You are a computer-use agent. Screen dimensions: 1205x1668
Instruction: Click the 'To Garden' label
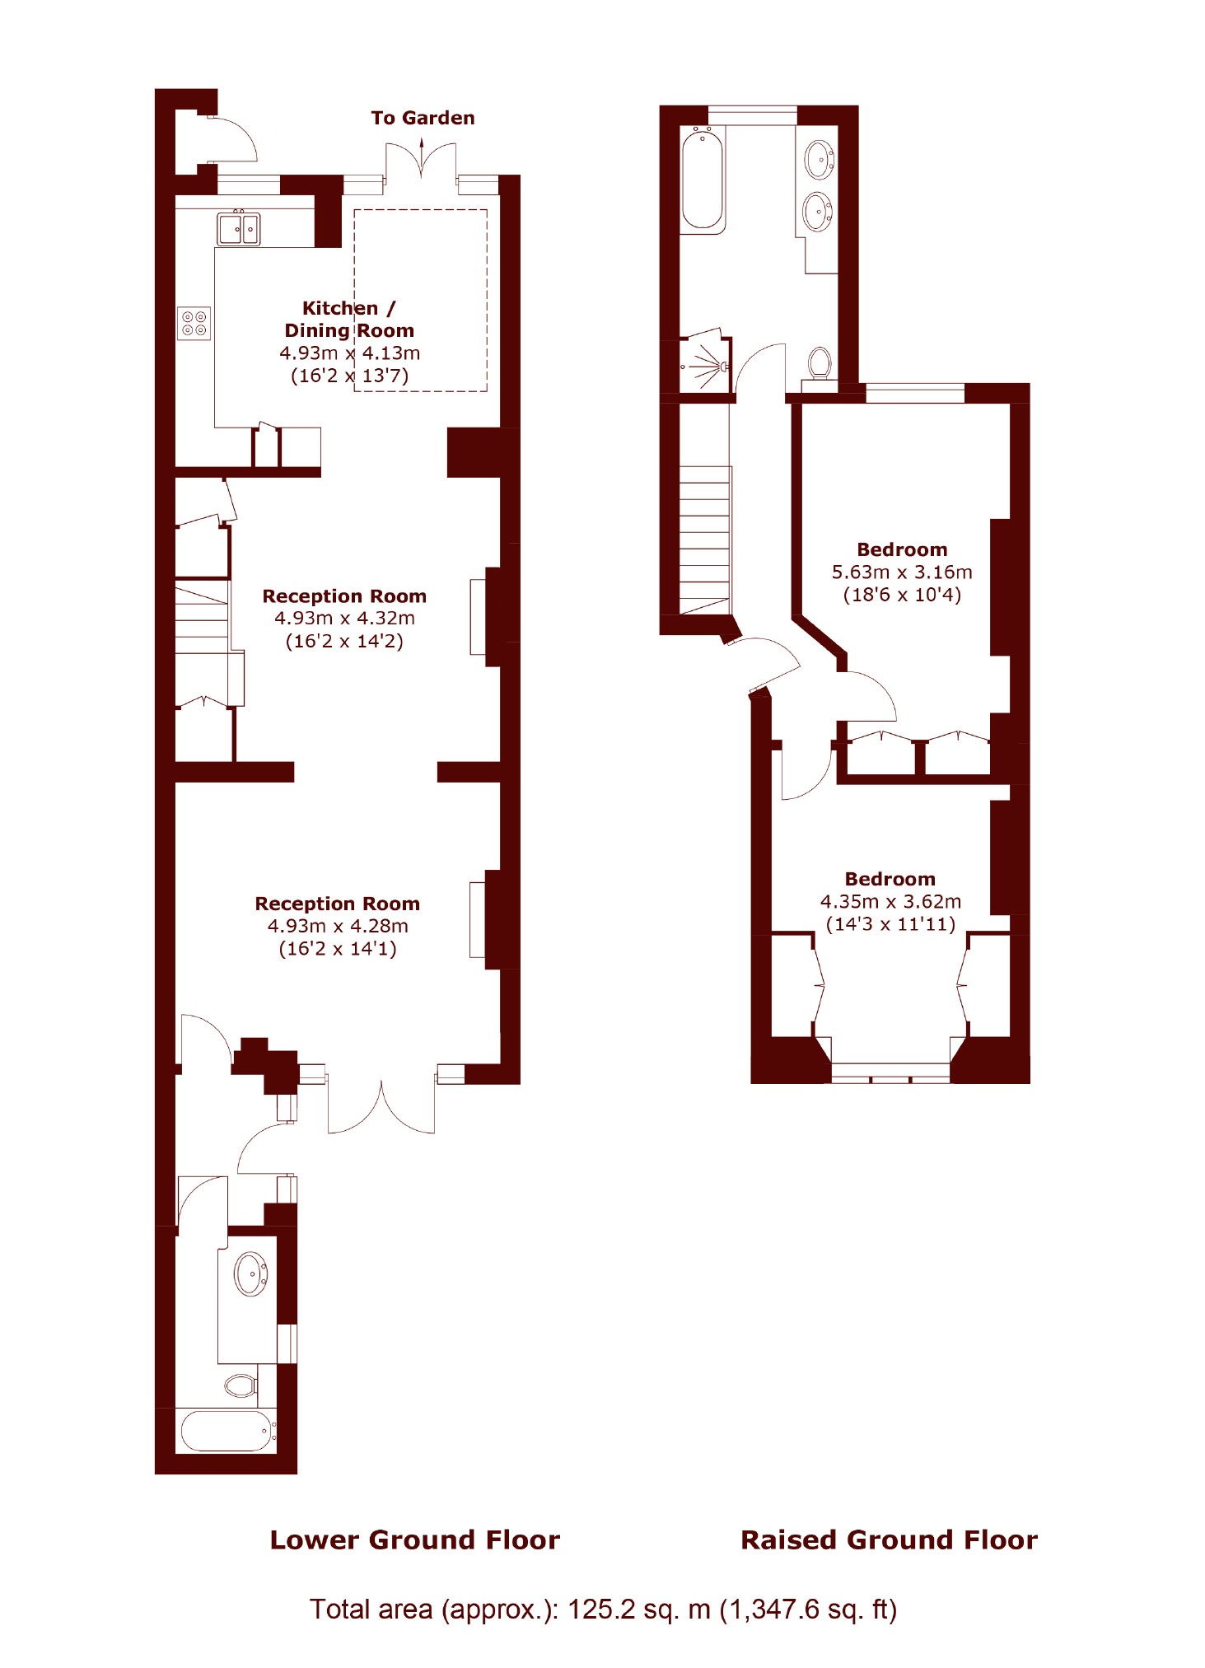point(423,118)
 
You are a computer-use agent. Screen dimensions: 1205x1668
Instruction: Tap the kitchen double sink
point(239,228)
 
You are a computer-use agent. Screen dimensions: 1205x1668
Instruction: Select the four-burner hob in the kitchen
point(194,323)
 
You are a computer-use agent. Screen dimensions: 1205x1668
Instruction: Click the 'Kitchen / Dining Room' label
point(349,320)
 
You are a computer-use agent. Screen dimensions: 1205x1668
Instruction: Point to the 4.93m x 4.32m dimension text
point(344,618)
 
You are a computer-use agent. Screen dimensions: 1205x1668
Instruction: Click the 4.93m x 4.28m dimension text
point(338,926)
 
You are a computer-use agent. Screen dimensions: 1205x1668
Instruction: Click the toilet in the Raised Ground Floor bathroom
point(819,363)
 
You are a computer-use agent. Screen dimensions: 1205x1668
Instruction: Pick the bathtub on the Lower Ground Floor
point(228,1431)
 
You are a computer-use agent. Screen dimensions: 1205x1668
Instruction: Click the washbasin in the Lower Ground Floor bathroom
point(251,1273)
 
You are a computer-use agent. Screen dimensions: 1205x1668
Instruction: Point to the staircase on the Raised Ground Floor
point(705,540)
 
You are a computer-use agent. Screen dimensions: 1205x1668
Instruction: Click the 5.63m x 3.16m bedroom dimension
point(902,572)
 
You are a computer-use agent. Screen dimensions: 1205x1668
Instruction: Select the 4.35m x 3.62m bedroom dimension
point(890,901)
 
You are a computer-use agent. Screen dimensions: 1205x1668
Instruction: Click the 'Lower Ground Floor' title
point(415,1540)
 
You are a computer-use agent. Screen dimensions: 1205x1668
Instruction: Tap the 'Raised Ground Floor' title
point(889,1540)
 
